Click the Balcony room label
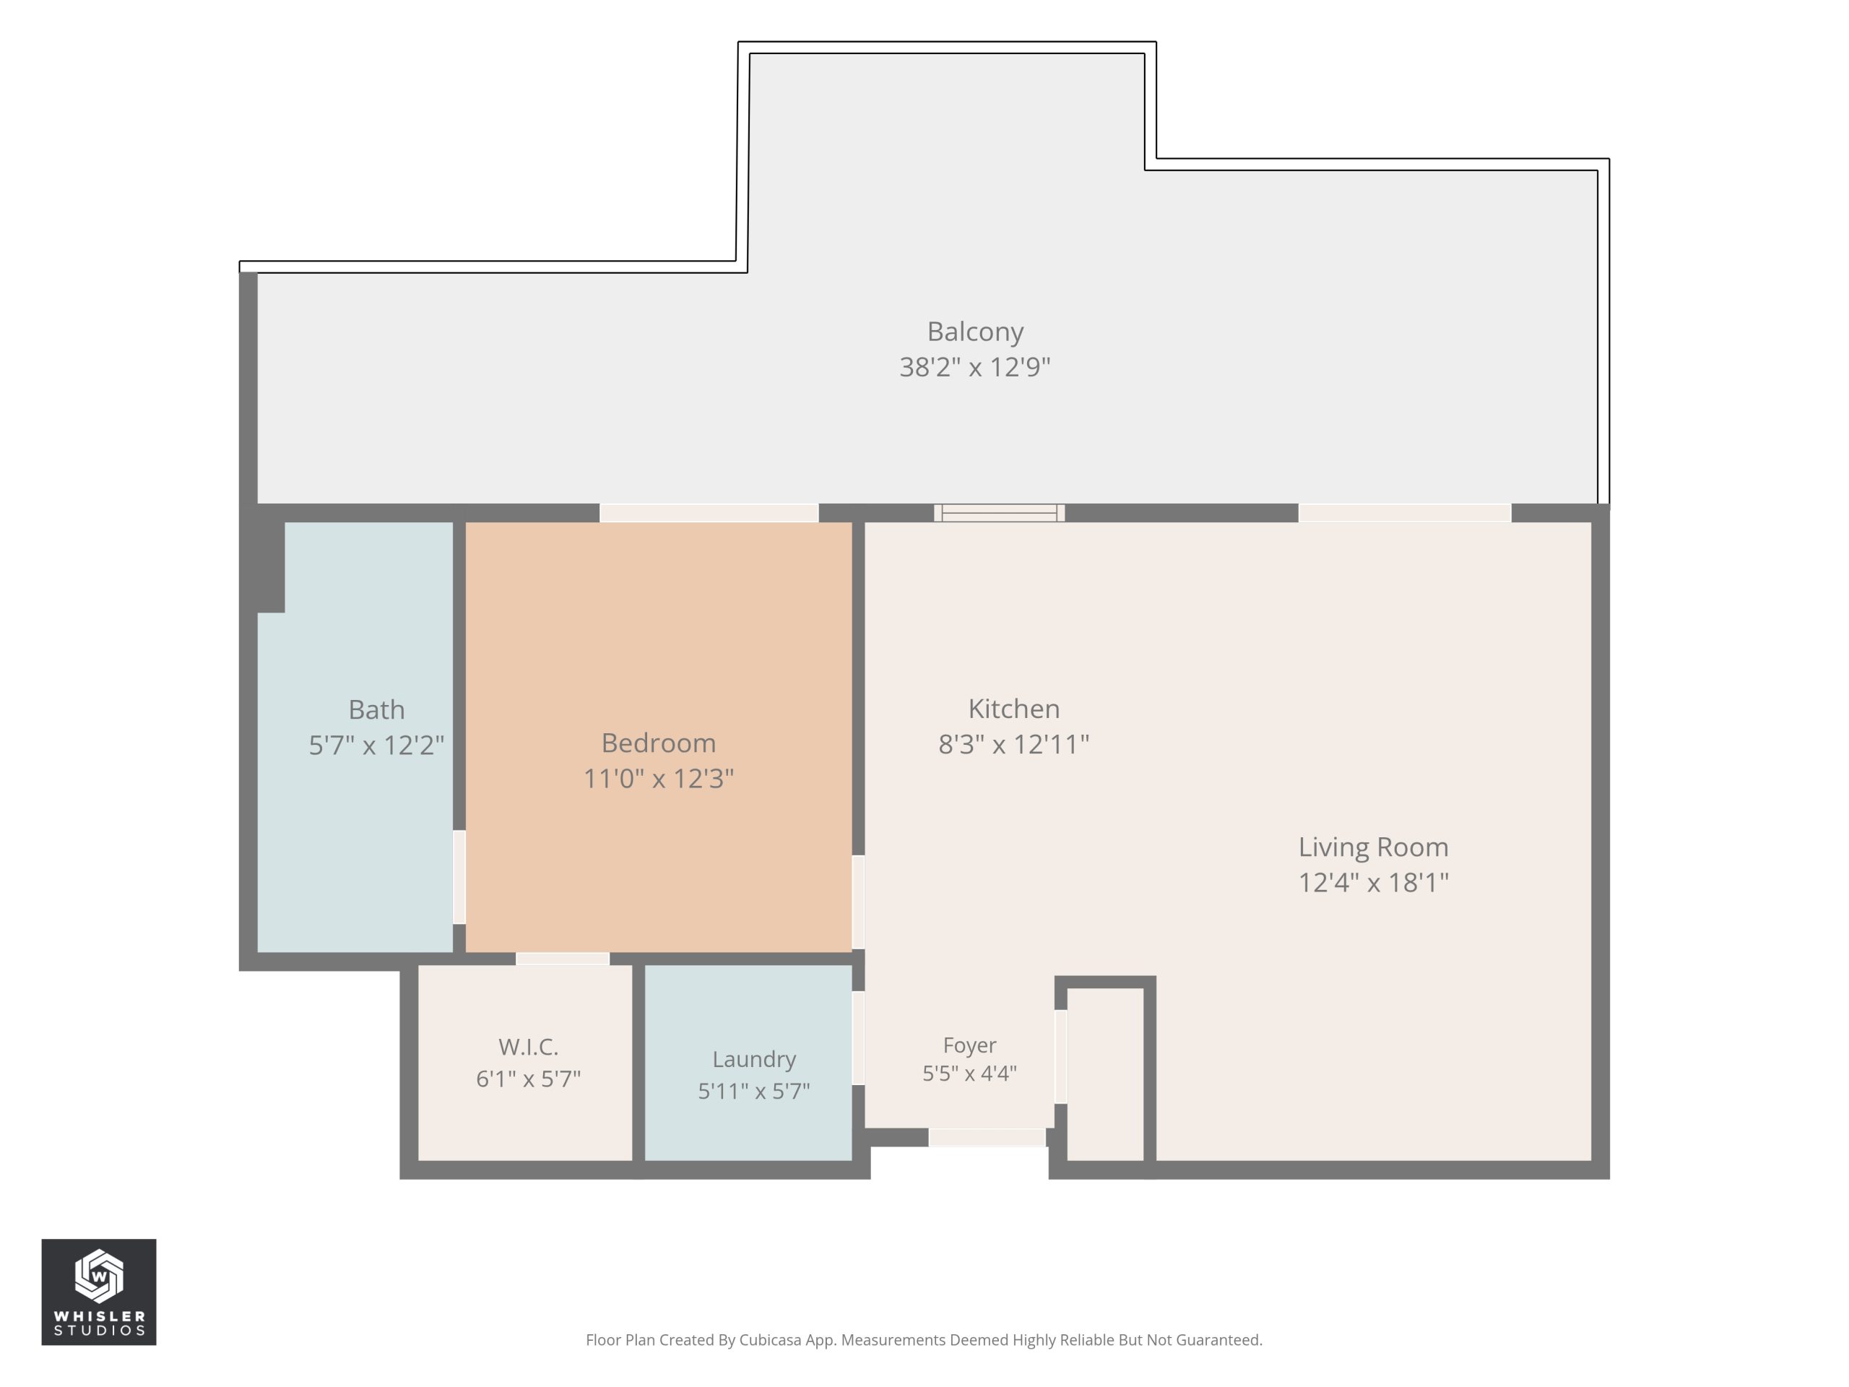click(x=974, y=332)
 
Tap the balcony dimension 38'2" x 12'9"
click(x=974, y=367)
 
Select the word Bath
click(x=376, y=710)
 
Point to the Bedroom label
click(x=659, y=743)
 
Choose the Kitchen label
click(x=1014, y=709)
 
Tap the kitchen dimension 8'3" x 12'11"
click(x=1014, y=744)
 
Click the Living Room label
click(x=1373, y=847)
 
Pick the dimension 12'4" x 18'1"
click(x=1373, y=883)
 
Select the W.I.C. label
click(x=528, y=1047)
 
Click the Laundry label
click(x=754, y=1059)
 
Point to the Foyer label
click(x=969, y=1045)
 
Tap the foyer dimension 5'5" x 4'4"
click(x=969, y=1073)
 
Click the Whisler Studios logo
click(x=99, y=1292)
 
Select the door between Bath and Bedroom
click(x=459, y=877)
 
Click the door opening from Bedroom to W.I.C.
click(x=563, y=959)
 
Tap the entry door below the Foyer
click(x=987, y=1137)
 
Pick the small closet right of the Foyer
click(x=1105, y=1074)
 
